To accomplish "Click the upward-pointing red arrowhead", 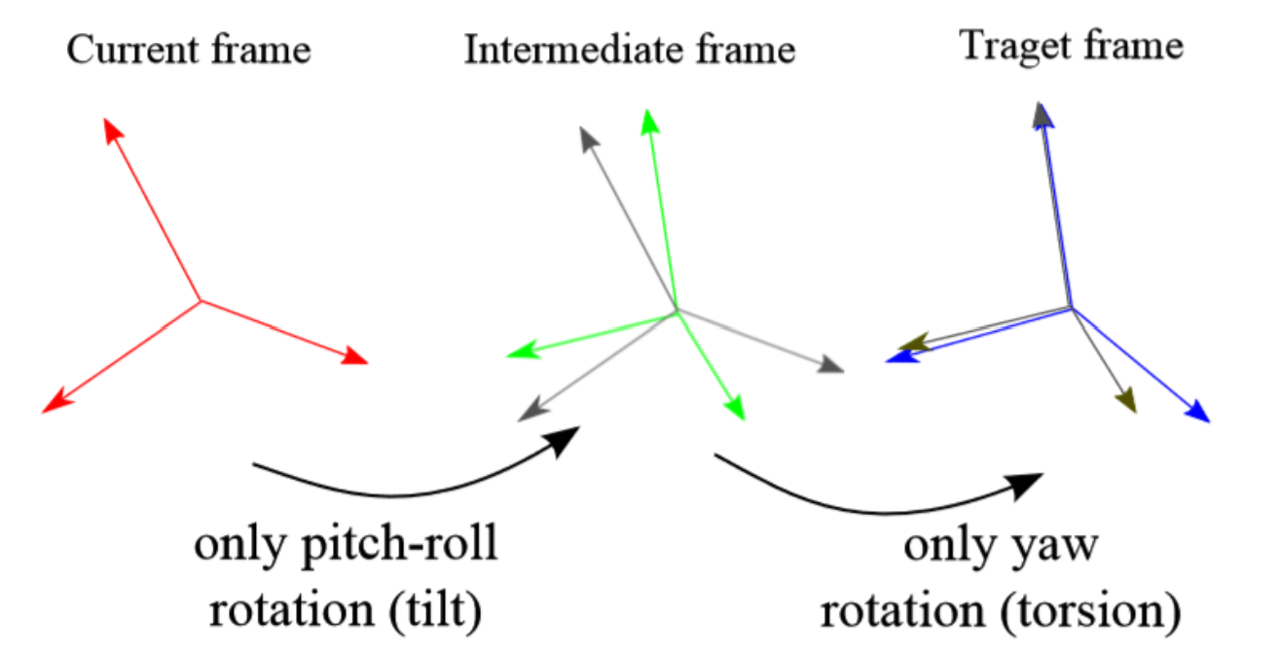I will click(112, 131).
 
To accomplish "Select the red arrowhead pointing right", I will click(355, 357).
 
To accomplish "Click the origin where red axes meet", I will click(201, 300).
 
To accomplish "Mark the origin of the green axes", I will click(676, 311).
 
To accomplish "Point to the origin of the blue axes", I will click(1072, 309).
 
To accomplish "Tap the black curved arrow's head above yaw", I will click(1027, 483).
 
